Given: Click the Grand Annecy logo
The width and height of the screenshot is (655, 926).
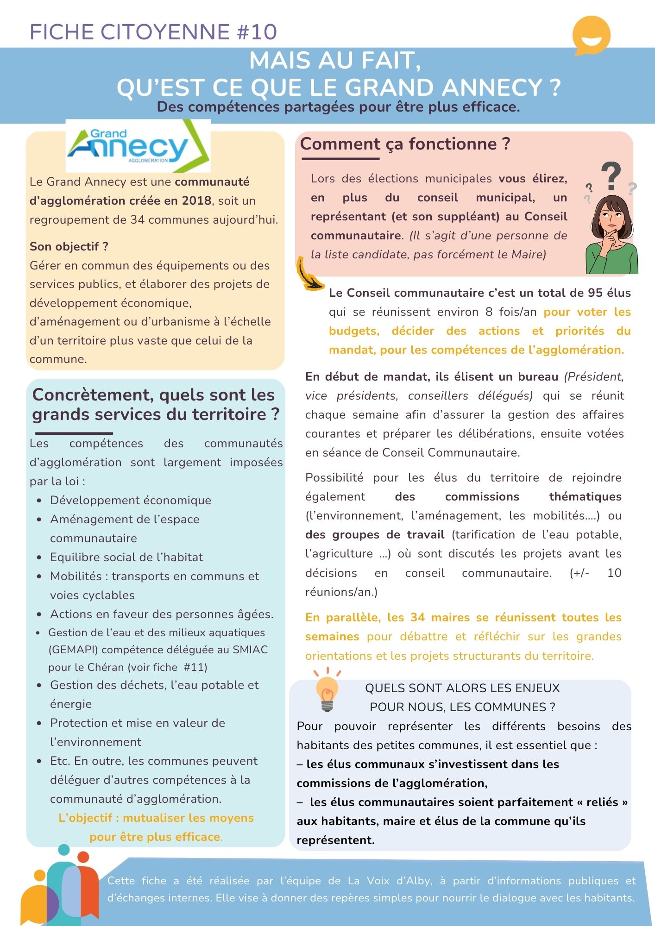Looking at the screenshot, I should coord(138,146).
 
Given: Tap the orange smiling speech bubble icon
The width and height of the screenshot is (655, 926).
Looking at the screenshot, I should coord(591,35).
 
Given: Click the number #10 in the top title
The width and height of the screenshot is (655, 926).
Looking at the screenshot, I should coord(257,31).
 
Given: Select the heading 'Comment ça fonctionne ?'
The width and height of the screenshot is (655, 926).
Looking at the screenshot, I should coord(405,144).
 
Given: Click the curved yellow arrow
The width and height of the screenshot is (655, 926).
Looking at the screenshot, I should coord(308,275).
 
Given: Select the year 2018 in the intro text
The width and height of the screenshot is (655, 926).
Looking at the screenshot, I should coord(196,200).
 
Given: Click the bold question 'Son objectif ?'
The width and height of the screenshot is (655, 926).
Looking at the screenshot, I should coord(69,246).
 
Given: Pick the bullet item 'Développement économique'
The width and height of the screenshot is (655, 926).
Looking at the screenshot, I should coord(131,500).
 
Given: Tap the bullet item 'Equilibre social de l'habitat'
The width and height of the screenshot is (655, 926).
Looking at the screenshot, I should coord(126,557).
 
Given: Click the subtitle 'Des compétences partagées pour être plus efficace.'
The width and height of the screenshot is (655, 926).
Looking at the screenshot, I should coord(338,107).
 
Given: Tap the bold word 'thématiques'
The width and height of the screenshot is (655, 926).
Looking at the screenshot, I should coord(585,496).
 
